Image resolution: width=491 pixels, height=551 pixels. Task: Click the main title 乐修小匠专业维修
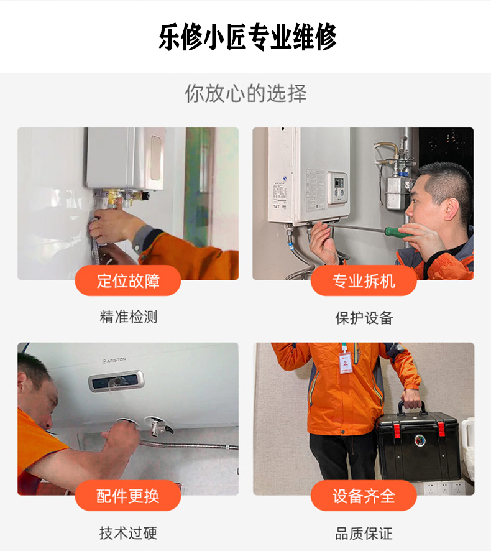[247, 37]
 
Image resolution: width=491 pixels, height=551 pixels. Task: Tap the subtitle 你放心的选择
[245, 93]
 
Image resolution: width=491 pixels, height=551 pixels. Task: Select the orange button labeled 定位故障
[128, 280]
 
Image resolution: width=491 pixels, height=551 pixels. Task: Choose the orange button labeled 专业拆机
[364, 280]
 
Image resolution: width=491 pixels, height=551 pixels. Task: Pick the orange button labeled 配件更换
[128, 496]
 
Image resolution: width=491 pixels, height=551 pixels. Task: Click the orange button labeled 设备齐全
[364, 496]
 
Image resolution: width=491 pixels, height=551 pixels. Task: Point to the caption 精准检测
[128, 317]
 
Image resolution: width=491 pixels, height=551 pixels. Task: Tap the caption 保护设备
[364, 318]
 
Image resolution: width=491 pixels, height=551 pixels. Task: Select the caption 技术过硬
[128, 533]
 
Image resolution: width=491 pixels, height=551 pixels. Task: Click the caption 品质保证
[364, 534]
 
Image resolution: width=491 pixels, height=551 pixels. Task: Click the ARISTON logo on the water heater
[114, 360]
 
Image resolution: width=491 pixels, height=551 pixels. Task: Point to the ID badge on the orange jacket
[345, 363]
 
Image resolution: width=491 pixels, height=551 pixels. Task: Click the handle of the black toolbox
[411, 407]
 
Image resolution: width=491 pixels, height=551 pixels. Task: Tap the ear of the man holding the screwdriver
[451, 209]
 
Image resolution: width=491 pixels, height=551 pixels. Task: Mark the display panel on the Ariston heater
[116, 381]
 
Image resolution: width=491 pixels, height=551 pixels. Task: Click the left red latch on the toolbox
[397, 431]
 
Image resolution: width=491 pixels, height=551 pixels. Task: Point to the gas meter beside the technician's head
[397, 193]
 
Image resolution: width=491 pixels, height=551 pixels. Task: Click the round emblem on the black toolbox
[419, 440]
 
